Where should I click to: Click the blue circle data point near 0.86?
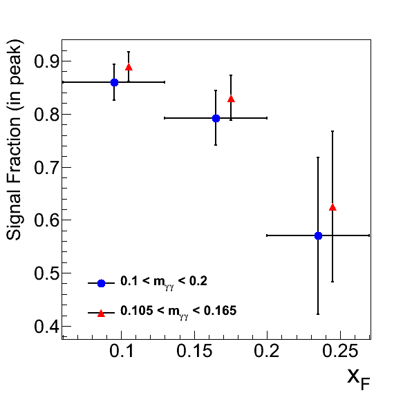click(114, 82)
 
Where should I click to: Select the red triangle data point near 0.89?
click(129, 67)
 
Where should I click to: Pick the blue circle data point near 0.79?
click(216, 118)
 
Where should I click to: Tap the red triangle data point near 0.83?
click(231, 99)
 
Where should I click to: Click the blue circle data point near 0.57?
click(318, 235)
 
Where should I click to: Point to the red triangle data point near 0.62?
click(333, 207)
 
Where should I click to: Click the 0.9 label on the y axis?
click(47, 61)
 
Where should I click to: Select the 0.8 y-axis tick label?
click(47, 115)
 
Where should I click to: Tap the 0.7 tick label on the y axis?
click(47, 167)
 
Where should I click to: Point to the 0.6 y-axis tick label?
click(47, 220)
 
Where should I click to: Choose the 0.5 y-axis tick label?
click(47, 273)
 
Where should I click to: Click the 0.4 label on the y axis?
click(47, 327)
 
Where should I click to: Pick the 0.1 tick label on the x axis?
click(122, 351)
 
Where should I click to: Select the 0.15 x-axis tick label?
click(194, 351)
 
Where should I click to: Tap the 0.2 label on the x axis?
click(267, 351)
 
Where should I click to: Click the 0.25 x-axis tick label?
click(340, 351)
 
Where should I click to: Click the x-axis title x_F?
click(359, 379)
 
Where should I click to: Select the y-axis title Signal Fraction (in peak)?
click(15, 139)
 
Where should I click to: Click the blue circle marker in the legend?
click(101, 283)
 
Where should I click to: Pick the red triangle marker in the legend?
click(101, 314)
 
